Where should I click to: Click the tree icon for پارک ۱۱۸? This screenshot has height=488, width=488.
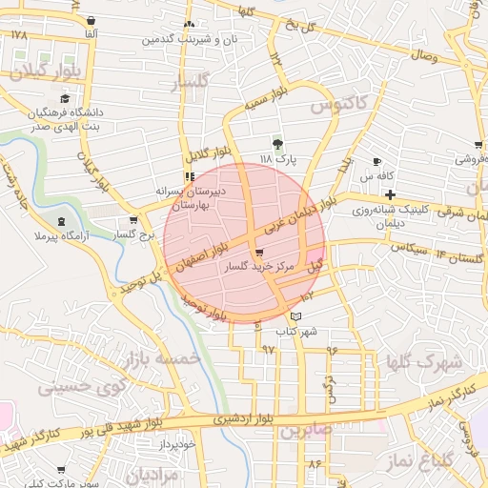[x=277, y=144]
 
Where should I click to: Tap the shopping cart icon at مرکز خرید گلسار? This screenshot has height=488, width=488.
[x=259, y=254]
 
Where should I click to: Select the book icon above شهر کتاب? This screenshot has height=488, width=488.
[x=295, y=315]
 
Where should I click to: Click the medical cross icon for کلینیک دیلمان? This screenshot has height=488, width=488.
[x=390, y=194]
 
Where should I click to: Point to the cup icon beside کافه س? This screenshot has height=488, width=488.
[x=377, y=161]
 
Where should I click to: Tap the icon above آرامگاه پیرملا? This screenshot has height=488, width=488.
[x=63, y=221]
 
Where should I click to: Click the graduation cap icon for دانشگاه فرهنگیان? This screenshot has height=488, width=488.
[x=64, y=98]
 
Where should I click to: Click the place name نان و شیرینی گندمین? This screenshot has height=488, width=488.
[x=191, y=39]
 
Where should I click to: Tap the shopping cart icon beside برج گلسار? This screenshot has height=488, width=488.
[x=133, y=220]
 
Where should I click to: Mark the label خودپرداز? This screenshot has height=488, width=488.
[x=177, y=443]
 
